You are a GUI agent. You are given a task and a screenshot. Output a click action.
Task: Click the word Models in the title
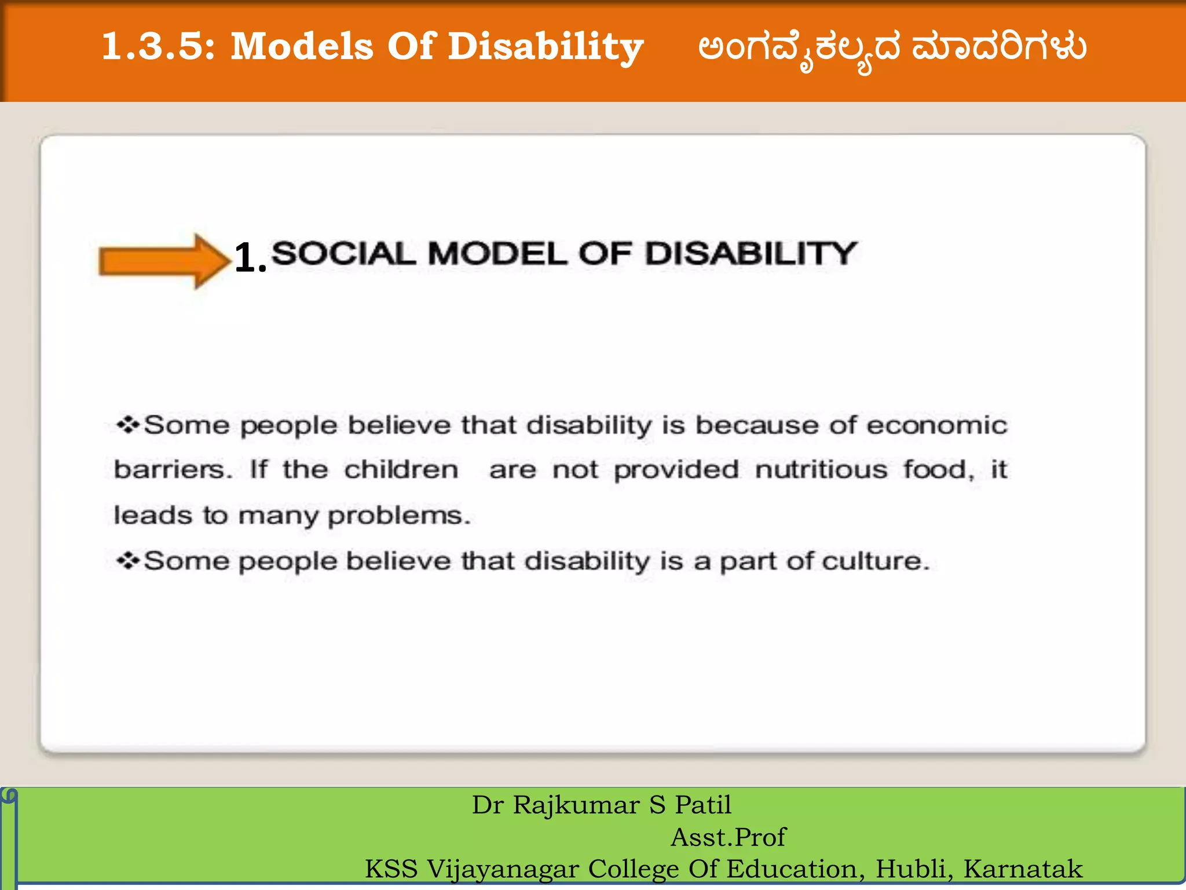(x=302, y=46)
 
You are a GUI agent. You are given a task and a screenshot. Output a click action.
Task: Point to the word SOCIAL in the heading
(x=343, y=254)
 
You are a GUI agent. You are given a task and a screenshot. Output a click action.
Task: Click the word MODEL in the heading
(x=497, y=254)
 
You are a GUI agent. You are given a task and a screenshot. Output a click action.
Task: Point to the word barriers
(x=173, y=469)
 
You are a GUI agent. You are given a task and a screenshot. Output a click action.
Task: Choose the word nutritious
(x=821, y=469)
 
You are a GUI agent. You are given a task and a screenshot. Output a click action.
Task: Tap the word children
(x=401, y=469)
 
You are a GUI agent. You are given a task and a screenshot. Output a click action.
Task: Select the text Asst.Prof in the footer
(x=728, y=837)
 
